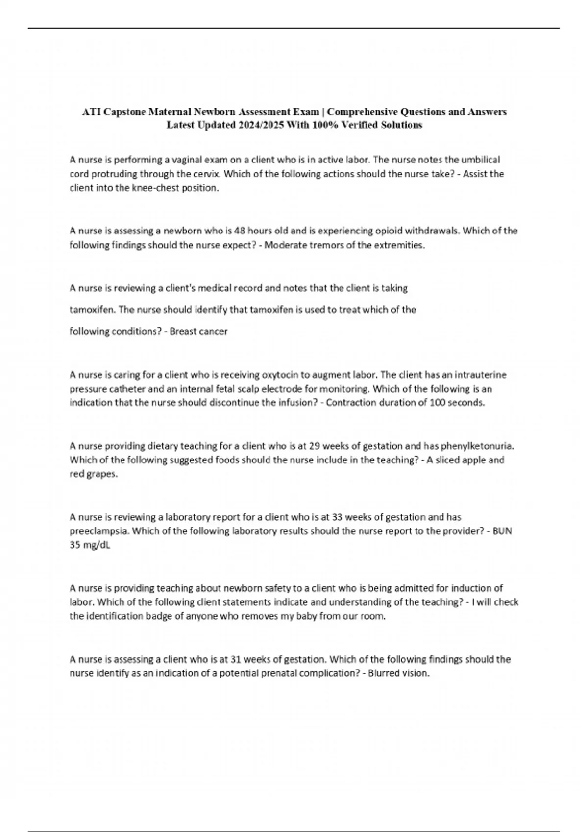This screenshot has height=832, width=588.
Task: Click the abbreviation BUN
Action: tap(502, 531)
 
